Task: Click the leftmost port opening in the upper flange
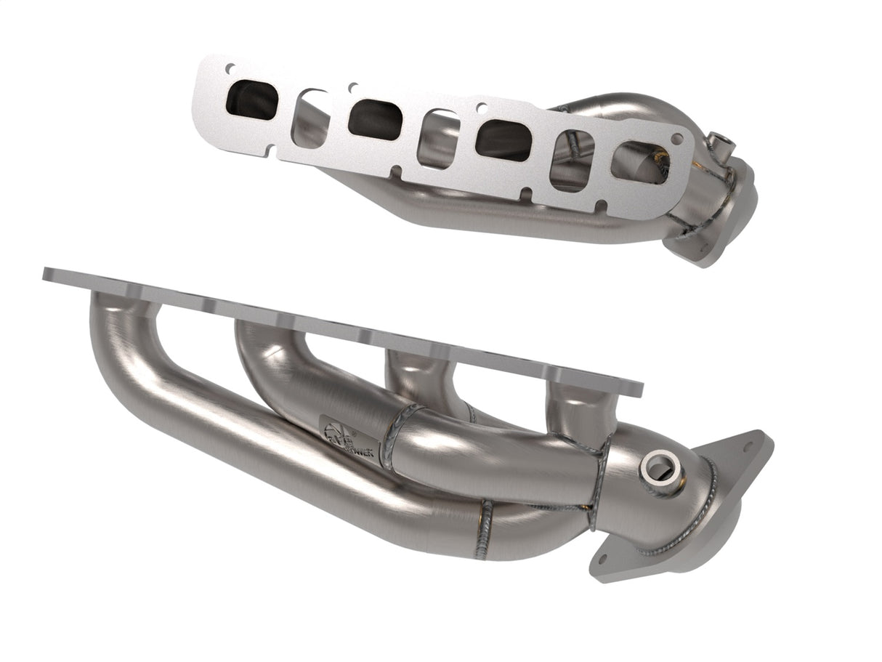coord(252,100)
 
